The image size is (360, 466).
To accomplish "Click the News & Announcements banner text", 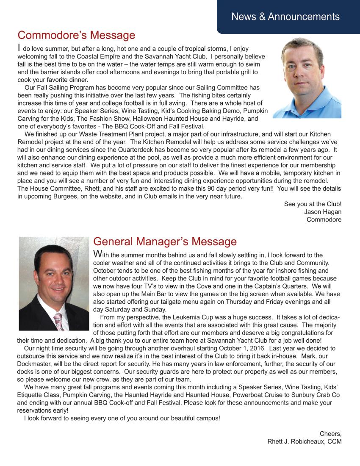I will [285, 17].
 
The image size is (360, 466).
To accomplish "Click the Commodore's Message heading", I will [76, 35].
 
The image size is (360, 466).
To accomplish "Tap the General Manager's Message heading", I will [165, 241].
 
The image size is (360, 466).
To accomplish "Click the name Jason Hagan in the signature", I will [323, 212].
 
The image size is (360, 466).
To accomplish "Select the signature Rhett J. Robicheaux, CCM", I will [304, 441].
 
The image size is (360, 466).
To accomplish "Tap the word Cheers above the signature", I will [330, 433].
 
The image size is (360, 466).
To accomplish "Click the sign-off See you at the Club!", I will [313, 204].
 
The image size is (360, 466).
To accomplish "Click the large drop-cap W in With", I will [97, 254].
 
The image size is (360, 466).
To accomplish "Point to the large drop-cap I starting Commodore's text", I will [19, 48].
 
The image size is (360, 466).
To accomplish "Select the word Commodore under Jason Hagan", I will [324, 219].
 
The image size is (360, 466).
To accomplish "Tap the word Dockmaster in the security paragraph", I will [35, 363].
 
